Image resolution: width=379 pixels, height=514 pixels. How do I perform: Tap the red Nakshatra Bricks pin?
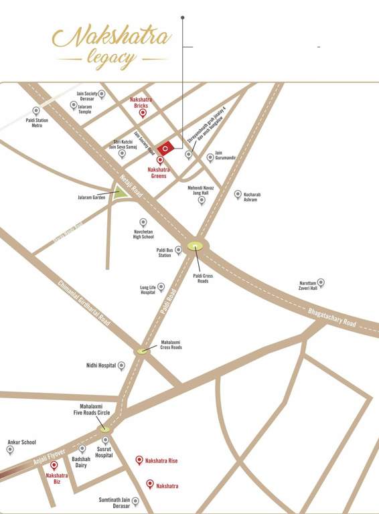[142, 113]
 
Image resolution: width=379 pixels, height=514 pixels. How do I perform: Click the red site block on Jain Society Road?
[165, 148]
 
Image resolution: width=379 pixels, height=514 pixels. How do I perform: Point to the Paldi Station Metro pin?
[36, 110]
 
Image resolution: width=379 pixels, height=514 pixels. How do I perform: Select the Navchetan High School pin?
[143, 222]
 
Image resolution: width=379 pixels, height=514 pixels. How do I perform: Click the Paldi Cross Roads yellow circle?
[196, 246]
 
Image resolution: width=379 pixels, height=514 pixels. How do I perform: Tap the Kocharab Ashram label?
[251, 197]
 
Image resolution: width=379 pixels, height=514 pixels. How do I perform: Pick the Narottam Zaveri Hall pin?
[321, 282]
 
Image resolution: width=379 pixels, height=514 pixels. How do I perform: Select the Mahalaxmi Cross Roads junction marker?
[142, 350]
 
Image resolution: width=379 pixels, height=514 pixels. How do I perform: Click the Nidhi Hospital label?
[101, 365]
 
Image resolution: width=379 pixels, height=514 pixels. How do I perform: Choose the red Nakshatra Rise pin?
[139, 460]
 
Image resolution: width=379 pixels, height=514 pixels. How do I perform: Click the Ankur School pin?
[10, 449]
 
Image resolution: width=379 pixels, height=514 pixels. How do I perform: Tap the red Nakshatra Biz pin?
[54, 465]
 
